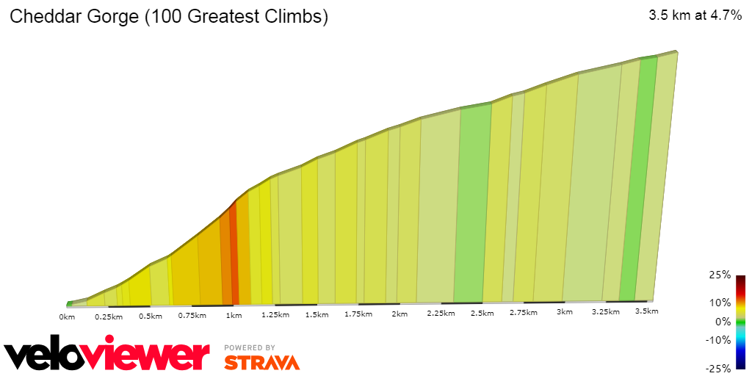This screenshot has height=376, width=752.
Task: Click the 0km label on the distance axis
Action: point(67,317)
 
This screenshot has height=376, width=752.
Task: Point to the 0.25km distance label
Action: point(108,317)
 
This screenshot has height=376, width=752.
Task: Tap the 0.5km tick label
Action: point(150,317)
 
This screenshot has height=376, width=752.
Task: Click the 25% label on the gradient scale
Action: point(720,275)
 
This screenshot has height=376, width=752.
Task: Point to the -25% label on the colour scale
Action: point(718,368)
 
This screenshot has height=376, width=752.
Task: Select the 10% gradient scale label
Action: point(720,302)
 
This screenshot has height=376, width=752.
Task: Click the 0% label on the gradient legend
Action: point(723,321)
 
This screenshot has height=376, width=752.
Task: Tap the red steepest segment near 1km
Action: point(234,257)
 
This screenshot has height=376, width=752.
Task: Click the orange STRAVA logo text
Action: point(261,362)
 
